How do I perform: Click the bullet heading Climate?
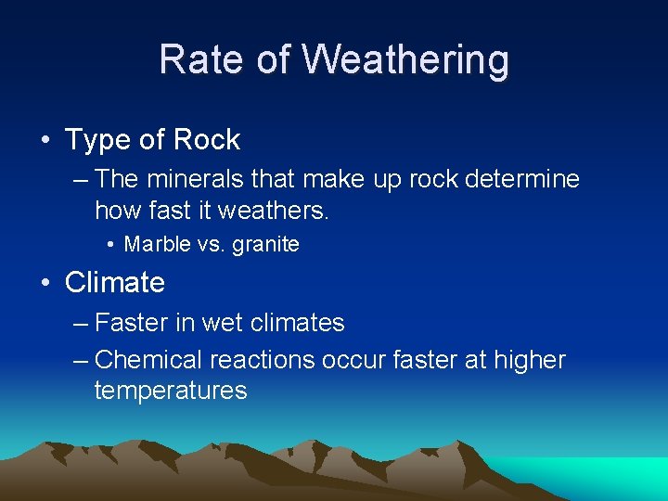pyautogui.click(x=114, y=282)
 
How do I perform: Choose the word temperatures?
pyautogui.click(x=171, y=391)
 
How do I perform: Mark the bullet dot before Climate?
pyautogui.click(x=46, y=283)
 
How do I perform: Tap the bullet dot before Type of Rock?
pyautogui.click(x=46, y=141)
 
